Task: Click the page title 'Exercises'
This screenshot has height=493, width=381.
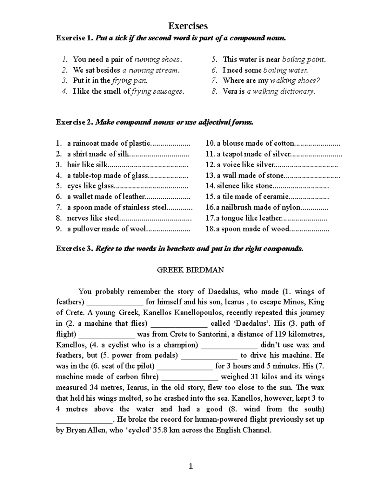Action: pos(188,26)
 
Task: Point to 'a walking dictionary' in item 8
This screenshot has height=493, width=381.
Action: pos(281,91)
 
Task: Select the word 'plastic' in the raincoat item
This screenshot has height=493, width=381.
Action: pos(139,143)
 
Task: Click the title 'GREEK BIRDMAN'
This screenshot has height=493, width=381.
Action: pos(190,270)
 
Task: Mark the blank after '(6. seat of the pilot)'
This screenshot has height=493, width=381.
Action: pos(185,367)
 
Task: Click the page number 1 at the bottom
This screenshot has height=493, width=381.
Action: pos(190,466)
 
